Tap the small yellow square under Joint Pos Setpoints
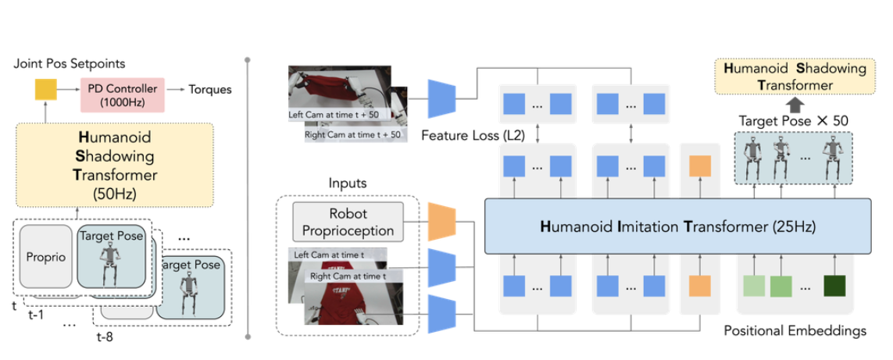coord(46,93)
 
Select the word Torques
coord(210,89)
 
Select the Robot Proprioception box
coord(348,222)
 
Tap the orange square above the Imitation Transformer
coord(698,166)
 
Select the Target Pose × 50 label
coord(794,120)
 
